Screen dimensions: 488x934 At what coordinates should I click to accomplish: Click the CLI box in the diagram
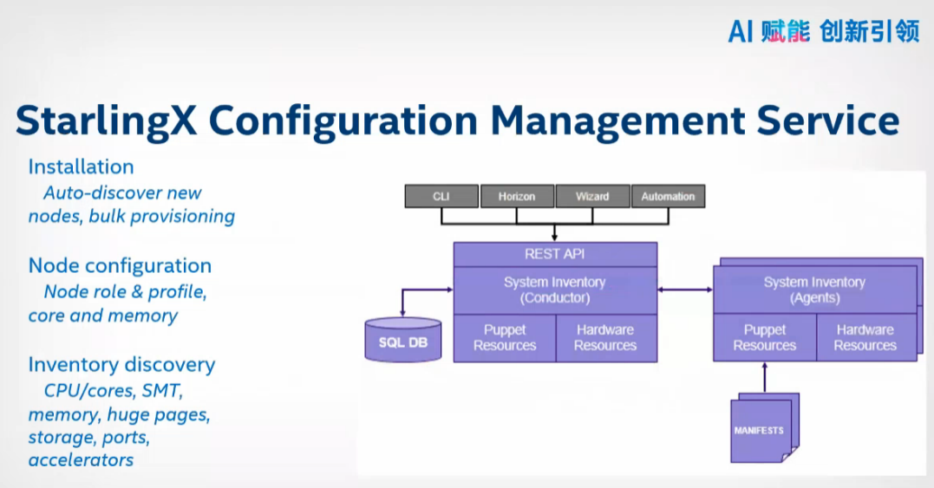[x=441, y=197]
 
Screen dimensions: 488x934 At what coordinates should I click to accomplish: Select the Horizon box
[x=517, y=197]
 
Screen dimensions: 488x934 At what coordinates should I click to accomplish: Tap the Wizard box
[x=592, y=197]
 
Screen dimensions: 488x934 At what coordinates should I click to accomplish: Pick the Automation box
[x=668, y=197]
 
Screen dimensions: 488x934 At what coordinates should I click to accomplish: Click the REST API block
[x=555, y=254]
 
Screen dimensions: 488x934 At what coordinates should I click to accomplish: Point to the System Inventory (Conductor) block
[x=555, y=290]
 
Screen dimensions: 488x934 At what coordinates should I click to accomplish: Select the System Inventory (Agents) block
[x=814, y=290]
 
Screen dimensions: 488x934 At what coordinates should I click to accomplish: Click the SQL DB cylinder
[x=403, y=341]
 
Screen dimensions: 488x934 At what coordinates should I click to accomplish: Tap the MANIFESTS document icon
[x=760, y=430]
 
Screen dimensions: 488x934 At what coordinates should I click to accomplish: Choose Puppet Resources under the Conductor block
[x=505, y=337]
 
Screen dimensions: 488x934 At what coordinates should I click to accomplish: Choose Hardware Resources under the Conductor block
[x=605, y=337]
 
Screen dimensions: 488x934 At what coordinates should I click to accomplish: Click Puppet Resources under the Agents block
[x=764, y=337]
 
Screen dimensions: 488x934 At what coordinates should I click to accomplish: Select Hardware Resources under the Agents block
[x=865, y=337]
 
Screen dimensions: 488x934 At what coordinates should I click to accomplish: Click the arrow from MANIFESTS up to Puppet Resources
[x=764, y=376]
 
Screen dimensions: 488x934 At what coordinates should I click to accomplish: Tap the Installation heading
[x=81, y=166]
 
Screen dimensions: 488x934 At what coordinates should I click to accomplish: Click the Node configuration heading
[x=120, y=265]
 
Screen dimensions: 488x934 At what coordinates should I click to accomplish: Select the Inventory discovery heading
[x=121, y=364]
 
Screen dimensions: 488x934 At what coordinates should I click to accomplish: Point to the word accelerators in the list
[x=81, y=459]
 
